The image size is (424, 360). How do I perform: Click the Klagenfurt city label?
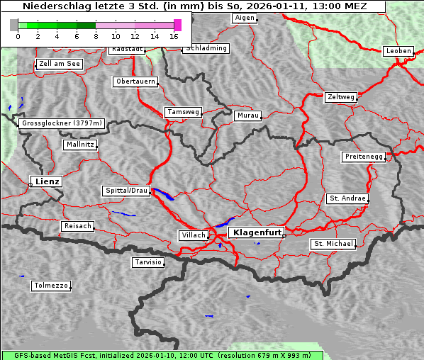(x=256, y=232)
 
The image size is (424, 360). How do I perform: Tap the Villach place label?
(x=193, y=235)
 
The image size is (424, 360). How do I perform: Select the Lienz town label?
(x=45, y=181)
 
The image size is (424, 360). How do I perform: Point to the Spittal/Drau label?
(x=126, y=191)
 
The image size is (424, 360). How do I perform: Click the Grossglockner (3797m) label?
(x=62, y=123)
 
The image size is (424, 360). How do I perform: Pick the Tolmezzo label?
(x=50, y=286)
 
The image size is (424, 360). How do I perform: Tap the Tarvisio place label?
(x=148, y=262)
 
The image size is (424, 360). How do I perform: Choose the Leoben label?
(x=398, y=51)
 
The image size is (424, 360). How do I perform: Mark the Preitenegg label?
(x=364, y=157)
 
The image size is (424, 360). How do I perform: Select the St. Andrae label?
(x=347, y=198)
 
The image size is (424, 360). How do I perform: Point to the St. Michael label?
(x=333, y=244)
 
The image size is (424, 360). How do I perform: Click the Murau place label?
(x=247, y=115)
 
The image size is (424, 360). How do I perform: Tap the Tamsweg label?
(x=184, y=112)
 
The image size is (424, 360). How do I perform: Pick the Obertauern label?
(x=135, y=81)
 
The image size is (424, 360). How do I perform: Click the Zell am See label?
(x=59, y=64)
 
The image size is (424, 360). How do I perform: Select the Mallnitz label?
(x=79, y=145)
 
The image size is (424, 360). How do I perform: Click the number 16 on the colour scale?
(x=174, y=36)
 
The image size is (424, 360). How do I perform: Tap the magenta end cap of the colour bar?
(x=177, y=25)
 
